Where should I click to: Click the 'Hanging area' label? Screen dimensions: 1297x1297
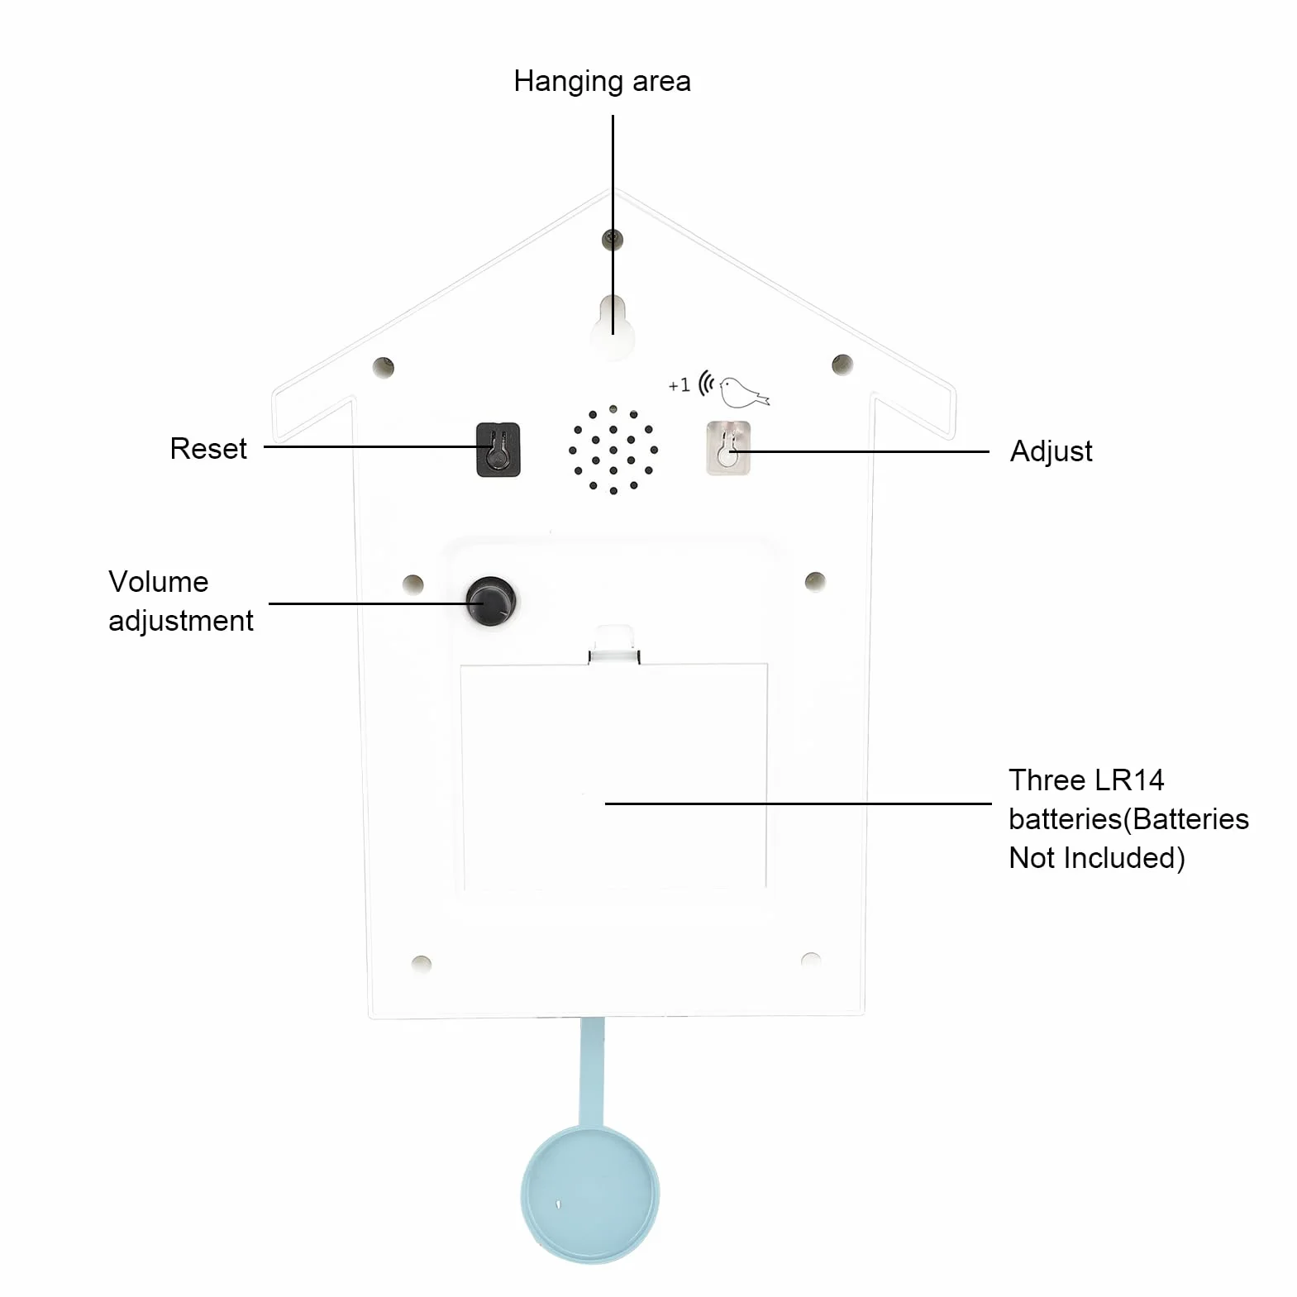click(602, 82)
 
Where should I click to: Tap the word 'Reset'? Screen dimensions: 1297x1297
click(208, 449)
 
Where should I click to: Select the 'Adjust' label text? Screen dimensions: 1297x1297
click(1051, 451)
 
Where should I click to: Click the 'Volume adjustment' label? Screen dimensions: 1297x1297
click(180, 601)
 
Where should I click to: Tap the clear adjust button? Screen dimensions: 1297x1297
click(728, 448)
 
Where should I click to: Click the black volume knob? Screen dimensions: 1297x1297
click(491, 601)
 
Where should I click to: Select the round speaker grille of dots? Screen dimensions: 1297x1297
click(613, 450)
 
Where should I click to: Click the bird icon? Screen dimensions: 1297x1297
click(743, 391)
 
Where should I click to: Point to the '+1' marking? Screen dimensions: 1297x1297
click(679, 385)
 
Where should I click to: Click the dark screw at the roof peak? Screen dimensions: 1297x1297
click(613, 240)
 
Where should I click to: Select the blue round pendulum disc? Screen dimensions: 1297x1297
click(590, 1194)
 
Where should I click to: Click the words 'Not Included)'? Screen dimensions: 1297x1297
click(1097, 858)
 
